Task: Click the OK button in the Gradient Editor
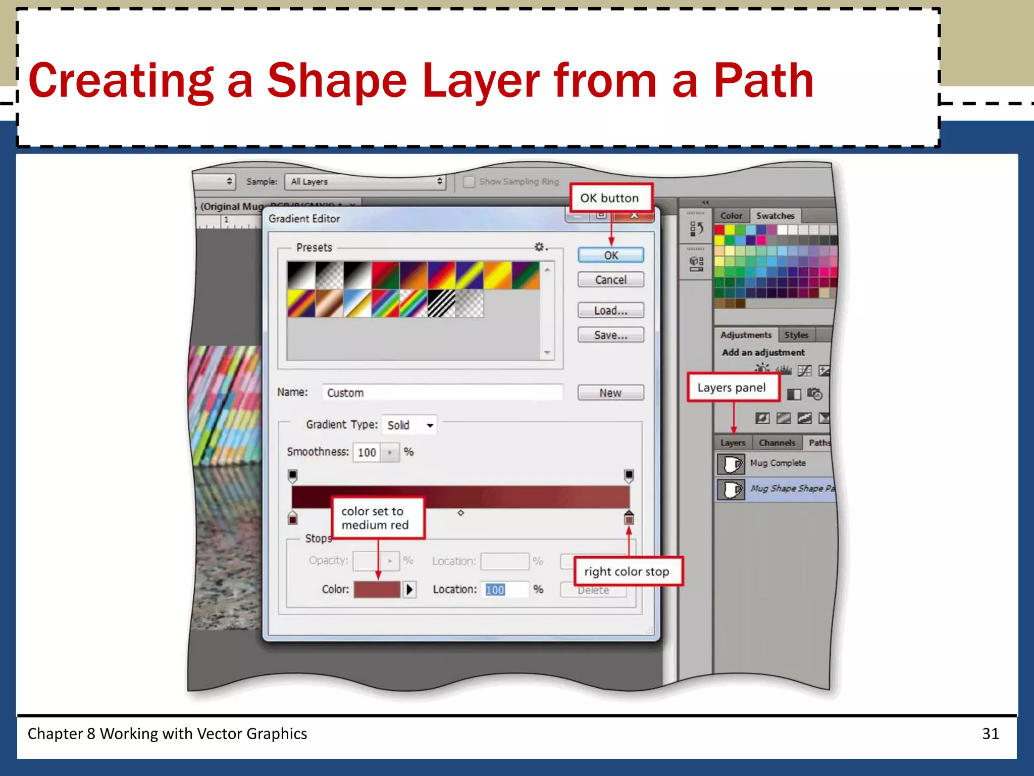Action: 610,255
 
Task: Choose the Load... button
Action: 610,310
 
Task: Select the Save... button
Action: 610,335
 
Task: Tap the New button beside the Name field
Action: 610,393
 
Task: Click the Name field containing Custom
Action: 442,393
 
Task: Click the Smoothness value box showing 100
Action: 367,452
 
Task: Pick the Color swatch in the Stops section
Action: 377,590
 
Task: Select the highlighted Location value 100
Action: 495,590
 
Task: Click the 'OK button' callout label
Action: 609,198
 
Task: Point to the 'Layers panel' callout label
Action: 732,387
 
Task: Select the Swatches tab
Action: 775,216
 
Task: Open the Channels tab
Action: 777,443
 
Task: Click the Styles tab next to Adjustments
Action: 796,335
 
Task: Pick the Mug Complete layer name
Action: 778,463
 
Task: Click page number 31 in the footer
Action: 990,734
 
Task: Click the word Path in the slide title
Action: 763,81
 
